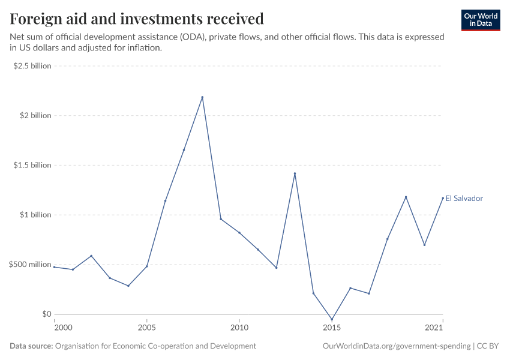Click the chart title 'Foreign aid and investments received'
(x=137, y=19)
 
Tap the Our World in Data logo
(x=480, y=20)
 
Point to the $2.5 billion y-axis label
(x=32, y=65)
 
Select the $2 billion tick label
(x=35, y=115)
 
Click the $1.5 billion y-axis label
(x=32, y=165)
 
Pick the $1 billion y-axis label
(x=35, y=215)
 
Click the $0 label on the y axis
(x=47, y=314)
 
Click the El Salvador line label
(x=464, y=199)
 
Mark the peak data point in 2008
(x=202, y=97)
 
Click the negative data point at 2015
(x=332, y=320)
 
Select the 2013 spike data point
(x=295, y=173)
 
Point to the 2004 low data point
(x=128, y=286)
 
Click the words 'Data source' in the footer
(x=31, y=346)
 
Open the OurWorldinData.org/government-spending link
(x=397, y=346)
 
